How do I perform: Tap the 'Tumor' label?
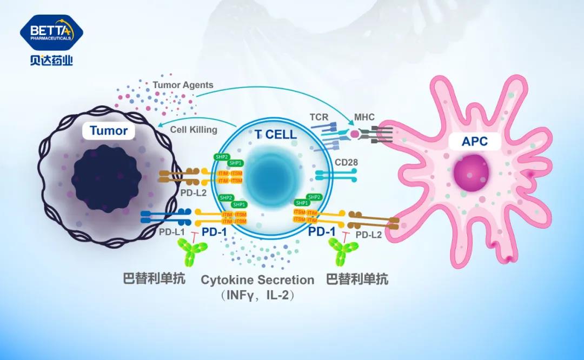click(109, 131)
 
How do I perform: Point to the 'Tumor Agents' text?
click(183, 85)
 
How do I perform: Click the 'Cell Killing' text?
click(194, 130)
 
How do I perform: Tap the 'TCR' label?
click(319, 117)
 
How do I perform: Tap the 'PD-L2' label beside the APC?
click(369, 234)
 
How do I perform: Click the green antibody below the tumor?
click(194, 252)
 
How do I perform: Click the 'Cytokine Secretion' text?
click(257, 280)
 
